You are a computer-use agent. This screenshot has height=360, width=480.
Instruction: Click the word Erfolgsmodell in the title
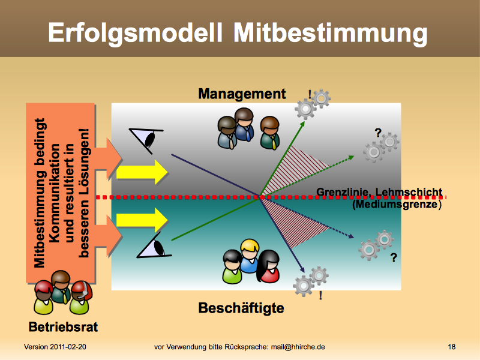click(x=135, y=33)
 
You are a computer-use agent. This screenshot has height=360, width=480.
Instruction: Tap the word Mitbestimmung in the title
click(x=331, y=33)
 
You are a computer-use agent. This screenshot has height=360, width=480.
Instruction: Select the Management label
click(x=242, y=94)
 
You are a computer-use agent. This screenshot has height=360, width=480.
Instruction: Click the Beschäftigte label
click(x=241, y=308)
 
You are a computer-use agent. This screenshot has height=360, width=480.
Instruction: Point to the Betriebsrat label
click(x=63, y=326)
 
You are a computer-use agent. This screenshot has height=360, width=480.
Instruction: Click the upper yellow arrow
click(x=142, y=172)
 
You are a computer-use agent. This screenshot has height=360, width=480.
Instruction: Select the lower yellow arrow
click(x=142, y=220)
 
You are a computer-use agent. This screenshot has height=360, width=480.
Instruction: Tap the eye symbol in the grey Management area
click(x=146, y=140)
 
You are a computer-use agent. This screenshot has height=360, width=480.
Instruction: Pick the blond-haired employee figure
click(x=250, y=256)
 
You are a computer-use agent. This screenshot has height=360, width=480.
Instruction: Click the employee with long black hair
click(x=268, y=266)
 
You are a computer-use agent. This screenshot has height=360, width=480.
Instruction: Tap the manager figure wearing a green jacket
click(x=270, y=133)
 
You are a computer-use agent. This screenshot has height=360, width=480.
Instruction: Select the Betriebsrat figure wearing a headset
click(x=80, y=298)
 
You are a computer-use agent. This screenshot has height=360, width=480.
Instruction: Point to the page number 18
click(x=452, y=347)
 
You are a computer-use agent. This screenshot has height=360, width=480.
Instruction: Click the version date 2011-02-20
click(x=68, y=347)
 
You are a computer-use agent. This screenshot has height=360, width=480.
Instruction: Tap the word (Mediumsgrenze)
click(x=397, y=204)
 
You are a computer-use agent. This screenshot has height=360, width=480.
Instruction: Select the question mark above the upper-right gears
click(x=379, y=133)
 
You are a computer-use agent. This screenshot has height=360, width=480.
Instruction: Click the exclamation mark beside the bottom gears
click(x=320, y=295)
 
